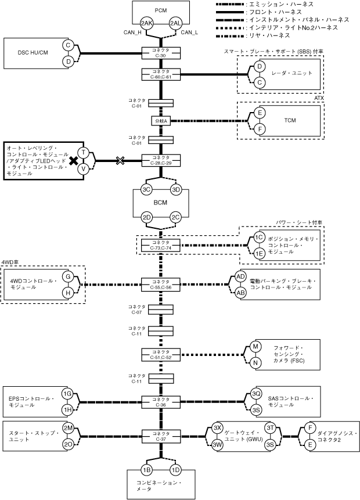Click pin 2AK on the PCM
[146, 23]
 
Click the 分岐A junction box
[161, 121]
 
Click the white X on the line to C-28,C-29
[120, 160]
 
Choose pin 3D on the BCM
[177, 189]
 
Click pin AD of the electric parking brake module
[241, 276]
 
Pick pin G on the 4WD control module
[68, 276]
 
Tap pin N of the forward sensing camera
[254, 363]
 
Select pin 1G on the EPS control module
[67, 394]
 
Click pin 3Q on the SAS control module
[256, 394]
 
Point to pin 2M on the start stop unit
[68, 427]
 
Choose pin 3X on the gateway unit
[218, 427]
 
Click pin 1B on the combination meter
[146, 469]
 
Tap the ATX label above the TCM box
[318, 98]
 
